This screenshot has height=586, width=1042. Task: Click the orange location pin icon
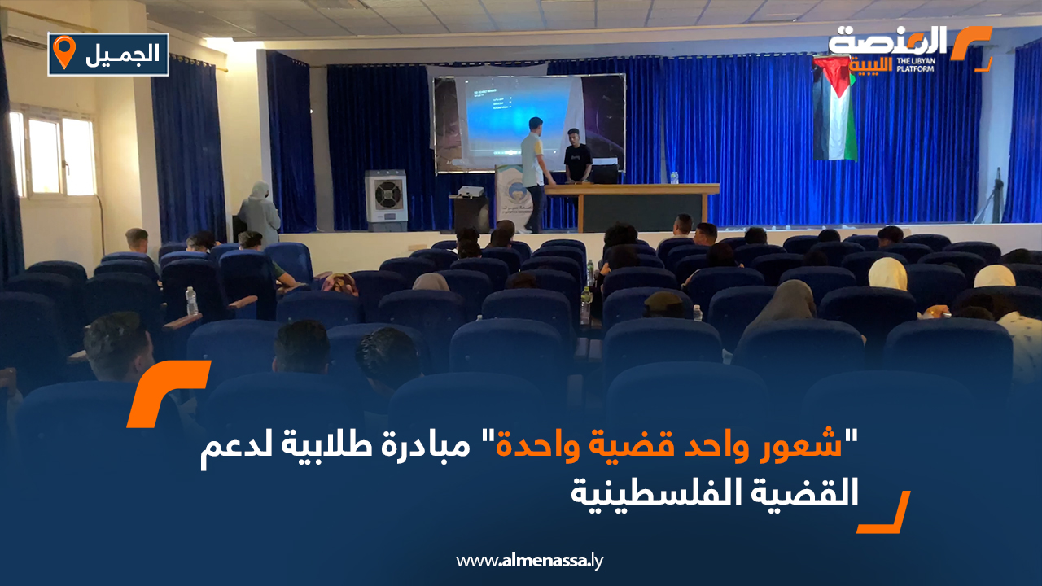tap(63, 51)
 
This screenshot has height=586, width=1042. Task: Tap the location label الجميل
tap(122, 55)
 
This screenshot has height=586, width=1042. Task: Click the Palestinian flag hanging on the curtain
tap(834, 109)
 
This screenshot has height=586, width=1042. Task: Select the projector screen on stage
tap(529, 123)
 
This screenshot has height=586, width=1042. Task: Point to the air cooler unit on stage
tap(386, 200)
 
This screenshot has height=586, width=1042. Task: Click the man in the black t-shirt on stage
tap(577, 155)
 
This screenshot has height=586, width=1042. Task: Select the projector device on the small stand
tap(471, 191)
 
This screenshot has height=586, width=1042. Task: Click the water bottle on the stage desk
tap(674, 177)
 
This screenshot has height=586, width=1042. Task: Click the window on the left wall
tap(54, 155)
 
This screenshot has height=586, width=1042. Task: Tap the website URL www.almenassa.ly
tap(529, 561)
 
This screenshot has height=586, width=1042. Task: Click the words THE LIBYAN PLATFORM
tap(916, 64)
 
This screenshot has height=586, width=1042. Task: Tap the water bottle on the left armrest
tap(191, 301)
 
